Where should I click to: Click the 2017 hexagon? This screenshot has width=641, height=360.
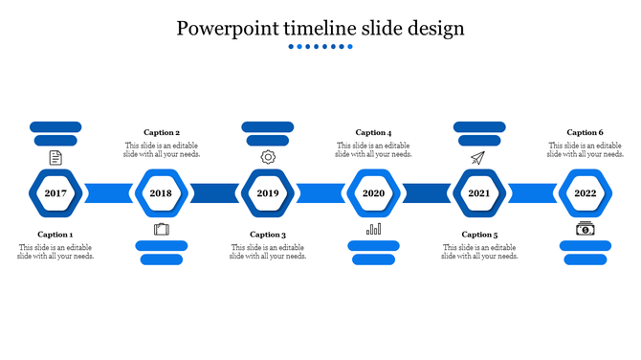(x=55, y=193)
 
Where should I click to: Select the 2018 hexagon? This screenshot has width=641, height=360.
(x=161, y=193)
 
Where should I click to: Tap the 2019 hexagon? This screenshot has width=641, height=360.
(x=267, y=193)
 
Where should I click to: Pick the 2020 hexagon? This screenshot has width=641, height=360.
(x=373, y=193)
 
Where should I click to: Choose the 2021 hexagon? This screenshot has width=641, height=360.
(x=479, y=193)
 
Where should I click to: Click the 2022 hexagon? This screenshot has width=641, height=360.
(x=585, y=193)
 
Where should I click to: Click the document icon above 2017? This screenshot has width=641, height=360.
(x=55, y=157)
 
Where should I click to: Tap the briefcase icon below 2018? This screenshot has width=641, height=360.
(x=161, y=229)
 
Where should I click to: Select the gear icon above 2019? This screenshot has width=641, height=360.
(x=268, y=157)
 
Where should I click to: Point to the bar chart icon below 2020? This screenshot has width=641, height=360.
(x=373, y=229)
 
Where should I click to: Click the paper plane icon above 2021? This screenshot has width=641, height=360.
(x=478, y=157)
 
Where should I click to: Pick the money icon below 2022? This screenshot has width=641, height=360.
(x=585, y=229)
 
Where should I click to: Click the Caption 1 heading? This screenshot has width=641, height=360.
(x=55, y=235)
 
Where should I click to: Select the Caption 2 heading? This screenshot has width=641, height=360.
(x=162, y=133)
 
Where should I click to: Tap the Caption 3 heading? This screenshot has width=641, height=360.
(x=268, y=235)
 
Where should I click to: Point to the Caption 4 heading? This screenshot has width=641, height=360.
(x=373, y=133)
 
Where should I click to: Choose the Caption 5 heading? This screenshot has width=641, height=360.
(x=479, y=235)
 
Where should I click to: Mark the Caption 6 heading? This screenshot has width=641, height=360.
(x=585, y=133)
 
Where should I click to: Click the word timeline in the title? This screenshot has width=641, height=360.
(x=322, y=29)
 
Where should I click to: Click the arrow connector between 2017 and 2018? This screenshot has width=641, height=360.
(x=108, y=193)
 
